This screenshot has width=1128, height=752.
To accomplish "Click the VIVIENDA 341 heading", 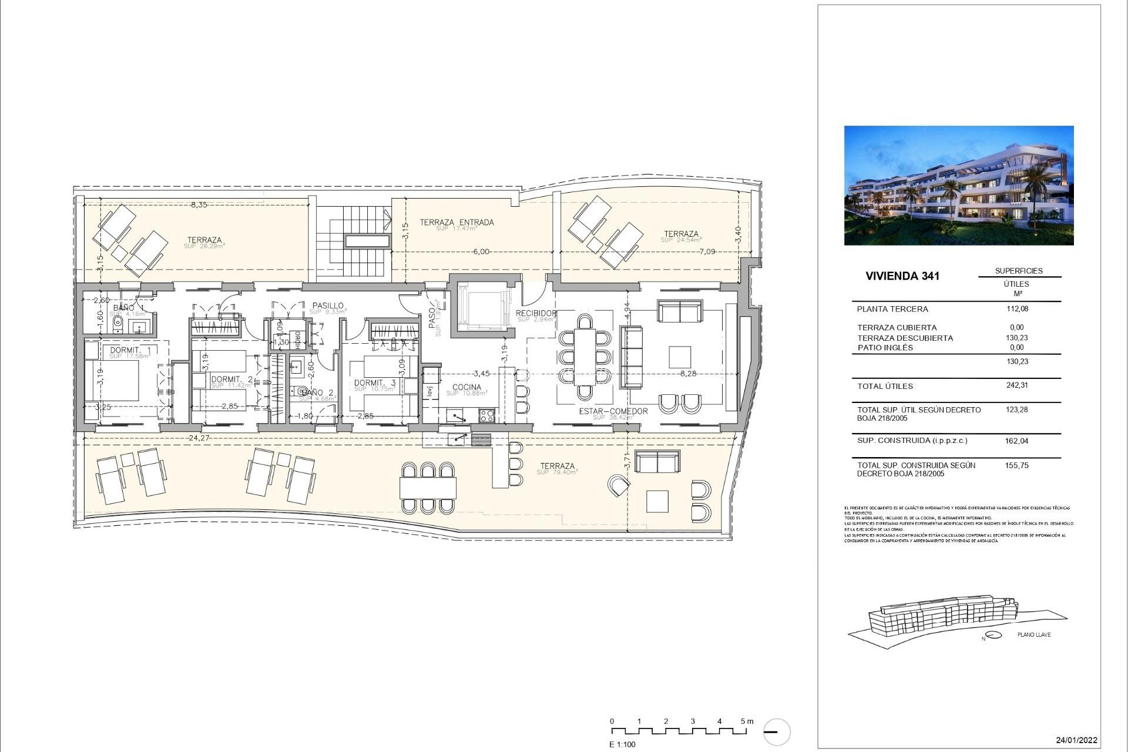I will pyautogui.click(x=902, y=276).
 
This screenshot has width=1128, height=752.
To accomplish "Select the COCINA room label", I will pyautogui.click(x=466, y=387).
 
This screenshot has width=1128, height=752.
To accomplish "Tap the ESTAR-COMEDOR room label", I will pyautogui.click(x=613, y=411).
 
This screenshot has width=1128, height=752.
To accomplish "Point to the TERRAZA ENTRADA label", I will pyautogui.click(x=456, y=223).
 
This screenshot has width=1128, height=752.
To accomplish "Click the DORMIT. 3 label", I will pyautogui.click(x=375, y=383).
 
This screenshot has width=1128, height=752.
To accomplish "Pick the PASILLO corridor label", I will pyautogui.click(x=328, y=305).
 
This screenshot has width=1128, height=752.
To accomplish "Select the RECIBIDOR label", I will pyautogui.click(x=536, y=313).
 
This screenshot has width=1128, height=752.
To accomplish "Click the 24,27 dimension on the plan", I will pyautogui.click(x=200, y=438).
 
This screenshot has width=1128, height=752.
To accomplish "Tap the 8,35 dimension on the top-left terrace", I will pyautogui.click(x=199, y=205).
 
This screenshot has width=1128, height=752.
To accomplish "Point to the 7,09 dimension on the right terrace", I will pyautogui.click(x=707, y=251).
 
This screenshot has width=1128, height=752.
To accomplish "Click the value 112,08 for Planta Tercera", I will pyautogui.click(x=1017, y=309).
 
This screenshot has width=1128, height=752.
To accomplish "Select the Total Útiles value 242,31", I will pyautogui.click(x=1017, y=386).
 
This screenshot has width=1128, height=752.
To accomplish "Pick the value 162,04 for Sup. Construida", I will pyautogui.click(x=1017, y=441).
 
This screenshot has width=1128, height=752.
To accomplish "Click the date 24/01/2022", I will pyautogui.click(x=1076, y=740).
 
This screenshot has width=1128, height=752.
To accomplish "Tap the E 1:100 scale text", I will pyautogui.click(x=622, y=744).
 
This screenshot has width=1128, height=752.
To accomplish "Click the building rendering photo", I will pyautogui.click(x=958, y=185).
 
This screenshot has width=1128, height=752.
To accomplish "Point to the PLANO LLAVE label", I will pyautogui.click(x=1034, y=635).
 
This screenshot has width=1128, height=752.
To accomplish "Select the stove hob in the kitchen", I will pyautogui.click(x=487, y=416).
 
